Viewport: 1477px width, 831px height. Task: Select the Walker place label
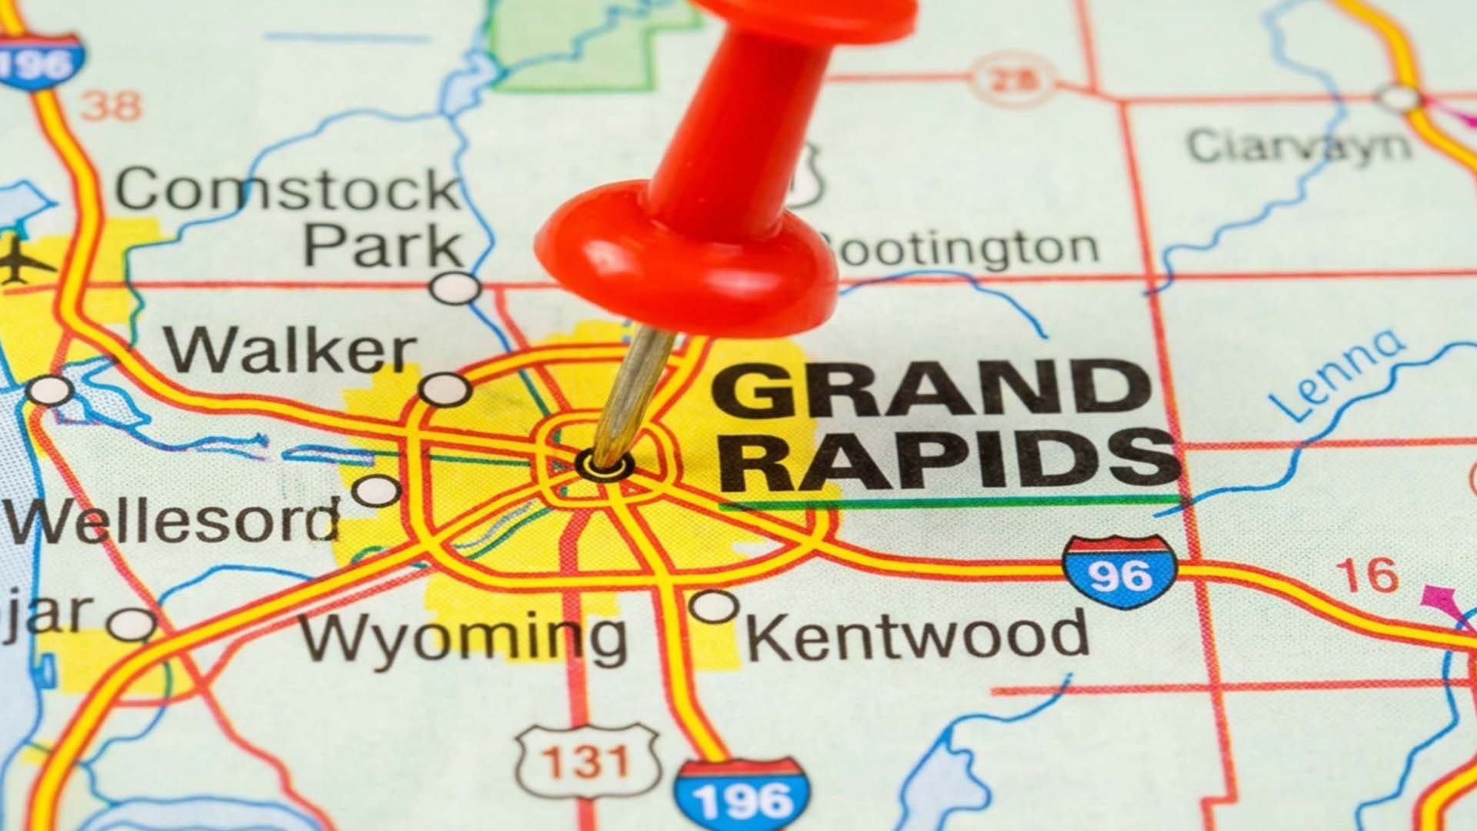(x=291, y=351)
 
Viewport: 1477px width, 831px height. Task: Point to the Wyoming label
(x=463, y=637)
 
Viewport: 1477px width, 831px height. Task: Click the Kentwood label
(x=917, y=634)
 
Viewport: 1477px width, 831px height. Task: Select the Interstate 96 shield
(x=1120, y=571)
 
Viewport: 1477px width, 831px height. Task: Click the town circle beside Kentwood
(x=714, y=606)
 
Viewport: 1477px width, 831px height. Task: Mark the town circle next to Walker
(x=445, y=389)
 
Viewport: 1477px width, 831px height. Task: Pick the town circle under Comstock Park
(x=455, y=288)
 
